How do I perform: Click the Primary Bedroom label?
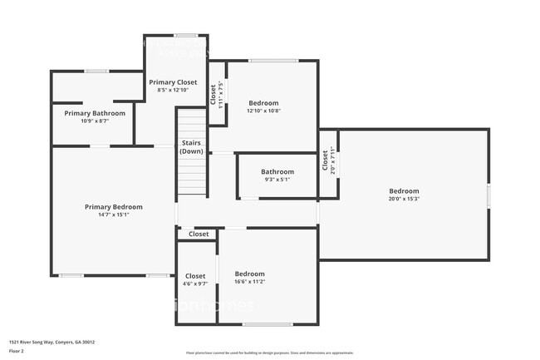click(113, 207)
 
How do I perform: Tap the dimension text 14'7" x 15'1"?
click(113, 215)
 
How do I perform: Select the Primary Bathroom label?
click(95, 113)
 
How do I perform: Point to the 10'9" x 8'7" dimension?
click(95, 121)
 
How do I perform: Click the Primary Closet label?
click(173, 82)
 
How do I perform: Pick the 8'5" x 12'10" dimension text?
click(173, 90)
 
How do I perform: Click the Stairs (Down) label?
click(192, 147)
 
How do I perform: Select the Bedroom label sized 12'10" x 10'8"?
click(263, 103)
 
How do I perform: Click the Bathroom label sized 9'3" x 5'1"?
click(278, 172)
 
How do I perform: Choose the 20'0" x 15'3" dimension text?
click(404, 199)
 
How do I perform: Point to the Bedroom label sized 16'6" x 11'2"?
click(249, 274)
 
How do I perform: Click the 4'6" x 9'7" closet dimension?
click(195, 284)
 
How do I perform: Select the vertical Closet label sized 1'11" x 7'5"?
click(213, 93)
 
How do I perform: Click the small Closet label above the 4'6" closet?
click(199, 234)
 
